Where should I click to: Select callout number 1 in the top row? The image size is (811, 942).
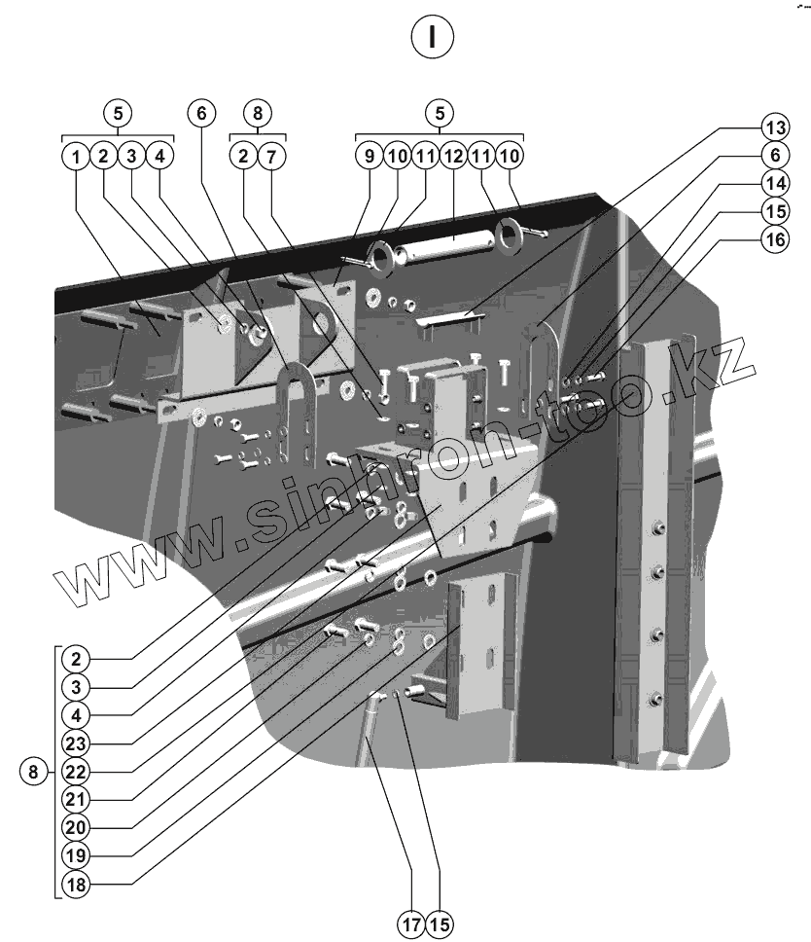pyautogui.click(x=74, y=156)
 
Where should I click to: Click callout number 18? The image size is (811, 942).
pyautogui.click(x=74, y=884)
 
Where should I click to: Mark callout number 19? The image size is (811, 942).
pyautogui.click(x=74, y=855)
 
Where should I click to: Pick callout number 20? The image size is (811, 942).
pyautogui.click(x=74, y=827)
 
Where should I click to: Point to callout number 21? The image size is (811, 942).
pyautogui.click(x=74, y=799)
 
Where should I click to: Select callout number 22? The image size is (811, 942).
pyautogui.click(x=74, y=771)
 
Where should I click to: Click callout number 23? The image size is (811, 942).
pyautogui.click(x=74, y=743)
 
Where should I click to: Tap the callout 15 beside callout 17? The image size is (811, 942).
pyautogui.click(x=440, y=921)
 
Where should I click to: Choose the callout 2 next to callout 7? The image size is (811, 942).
pyautogui.click(x=242, y=156)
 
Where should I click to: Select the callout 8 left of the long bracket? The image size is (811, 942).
pyautogui.click(x=33, y=773)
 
